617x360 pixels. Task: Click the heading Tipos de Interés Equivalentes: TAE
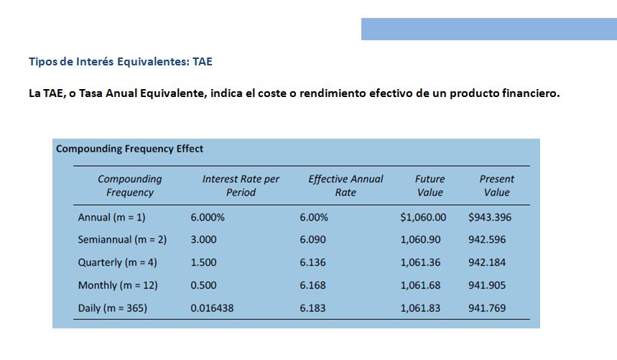click(x=120, y=62)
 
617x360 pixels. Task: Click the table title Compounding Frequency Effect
click(x=129, y=149)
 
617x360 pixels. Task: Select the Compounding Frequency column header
click(x=130, y=185)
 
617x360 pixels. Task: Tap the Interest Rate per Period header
click(x=241, y=185)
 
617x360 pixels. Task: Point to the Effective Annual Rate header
click(x=345, y=185)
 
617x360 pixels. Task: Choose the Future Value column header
click(x=430, y=185)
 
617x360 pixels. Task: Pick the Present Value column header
click(x=496, y=185)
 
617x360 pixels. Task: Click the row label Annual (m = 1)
click(x=111, y=217)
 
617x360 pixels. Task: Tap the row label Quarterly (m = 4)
click(x=117, y=262)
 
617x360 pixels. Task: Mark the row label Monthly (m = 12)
click(x=118, y=285)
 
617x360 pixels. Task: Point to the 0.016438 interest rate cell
click(x=212, y=308)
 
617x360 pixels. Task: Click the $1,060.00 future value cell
click(x=423, y=217)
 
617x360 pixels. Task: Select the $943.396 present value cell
click(x=489, y=217)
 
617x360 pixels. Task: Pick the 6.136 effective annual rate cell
click(x=312, y=262)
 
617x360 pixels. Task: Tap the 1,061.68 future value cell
click(x=420, y=285)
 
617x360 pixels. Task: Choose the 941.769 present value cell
click(x=487, y=308)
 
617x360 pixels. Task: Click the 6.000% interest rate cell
click(x=208, y=217)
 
